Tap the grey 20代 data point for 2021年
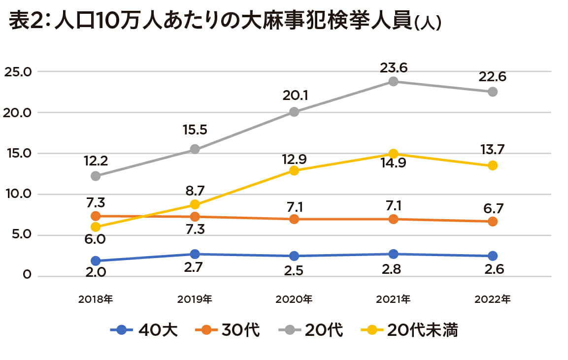pos(393,81)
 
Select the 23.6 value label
pos(393,66)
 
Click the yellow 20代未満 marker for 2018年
pos(96,227)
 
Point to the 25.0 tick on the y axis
pos(18,72)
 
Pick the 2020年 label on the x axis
pos(294,299)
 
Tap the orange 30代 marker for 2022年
pos(492,222)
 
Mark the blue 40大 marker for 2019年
pos(195,254)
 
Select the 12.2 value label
pos(96,160)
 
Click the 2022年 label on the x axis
pos(492,299)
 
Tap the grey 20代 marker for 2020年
pos(294,112)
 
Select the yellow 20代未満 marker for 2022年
pos(492,165)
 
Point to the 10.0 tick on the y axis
pos(18,194)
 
